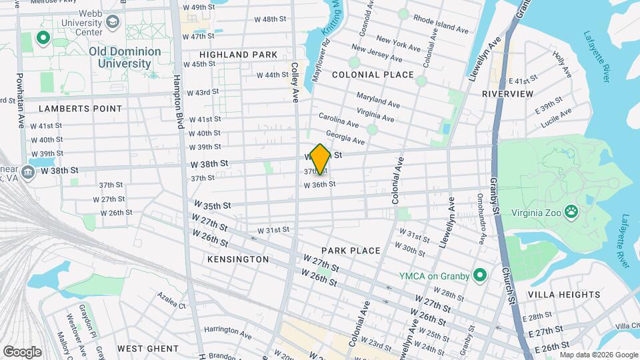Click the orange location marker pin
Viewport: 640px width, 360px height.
(320, 159)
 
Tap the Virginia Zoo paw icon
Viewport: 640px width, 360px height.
(571, 213)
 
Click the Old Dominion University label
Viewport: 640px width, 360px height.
(125, 57)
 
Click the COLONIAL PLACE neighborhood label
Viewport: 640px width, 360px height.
(373, 75)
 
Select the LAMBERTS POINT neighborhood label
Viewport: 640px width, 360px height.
(81, 108)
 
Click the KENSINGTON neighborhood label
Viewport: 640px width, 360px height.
(238, 259)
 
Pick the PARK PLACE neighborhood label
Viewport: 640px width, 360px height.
(351, 251)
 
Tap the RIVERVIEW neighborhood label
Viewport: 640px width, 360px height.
(508, 94)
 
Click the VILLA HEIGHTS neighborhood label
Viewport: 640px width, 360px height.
(564, 294)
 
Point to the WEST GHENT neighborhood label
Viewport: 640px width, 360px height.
(148, 349)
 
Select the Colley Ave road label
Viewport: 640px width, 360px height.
(295, 83)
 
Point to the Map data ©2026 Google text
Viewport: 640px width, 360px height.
(599, 354)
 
